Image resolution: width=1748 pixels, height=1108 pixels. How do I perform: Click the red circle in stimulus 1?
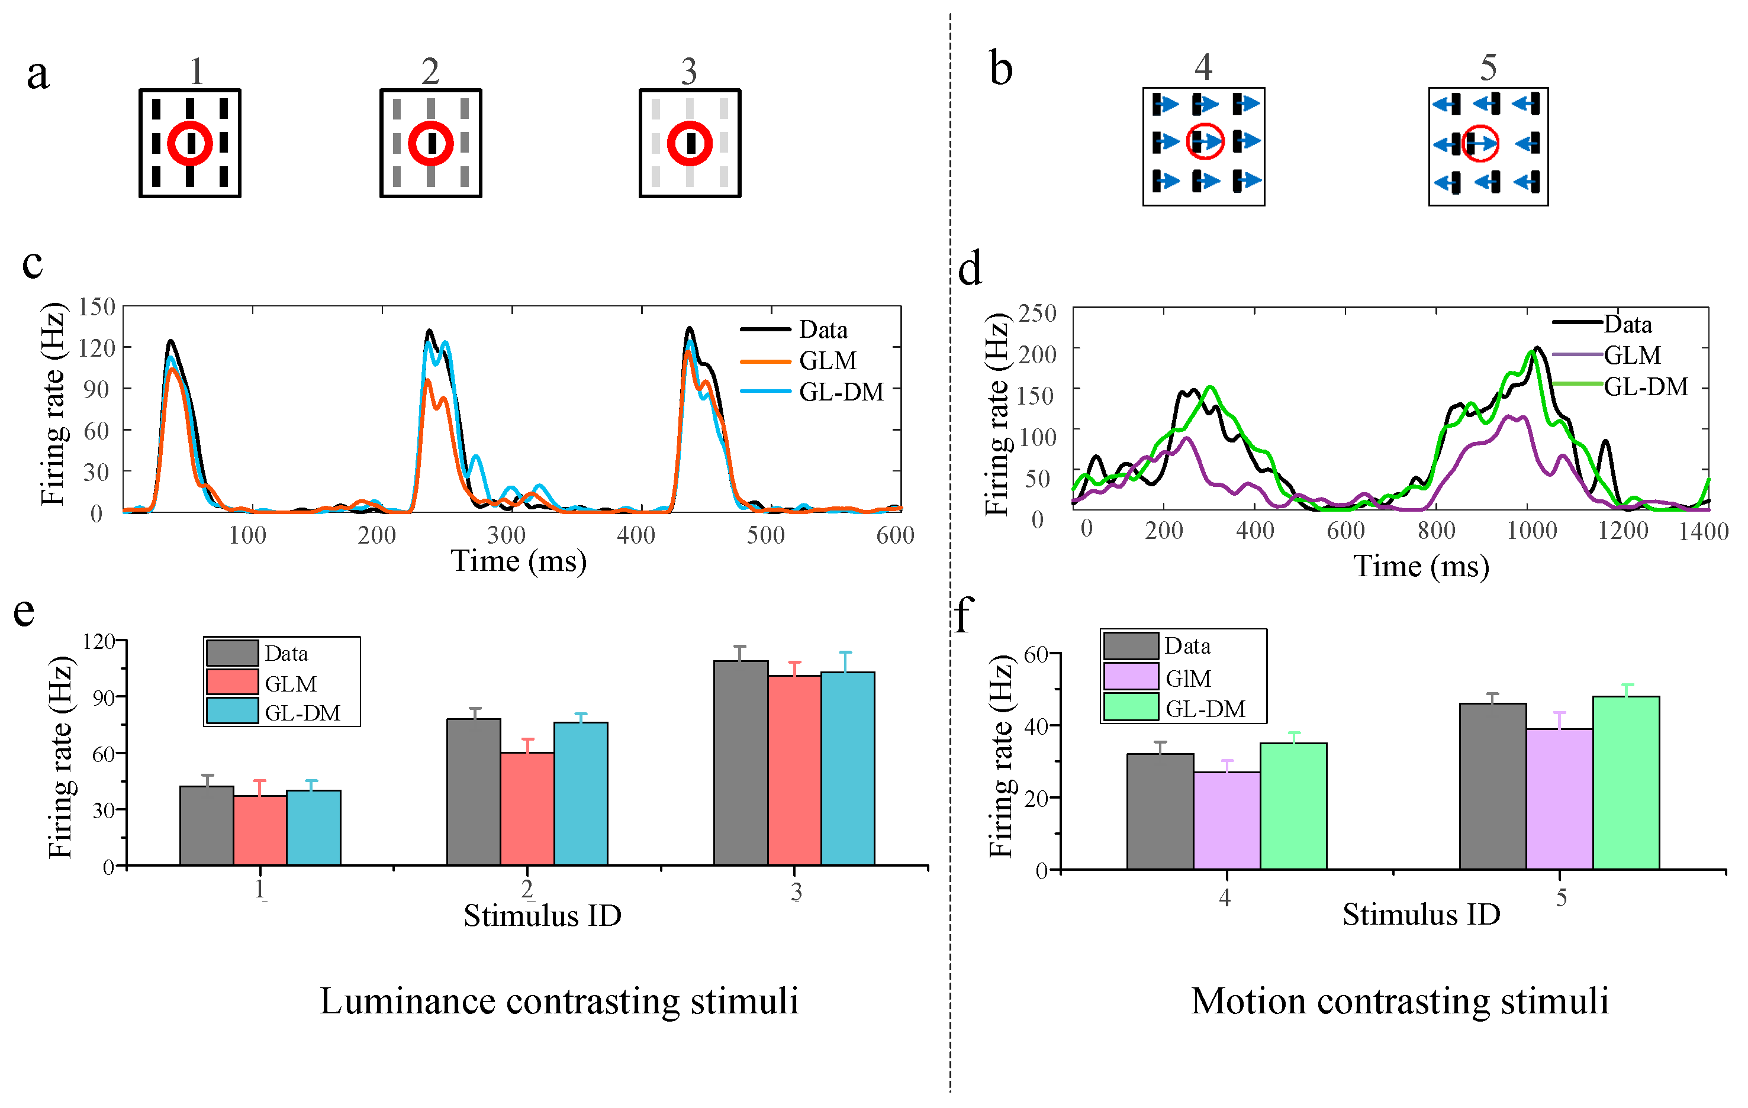point(189,143)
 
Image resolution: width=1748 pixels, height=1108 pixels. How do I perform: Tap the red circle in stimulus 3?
point(689,143)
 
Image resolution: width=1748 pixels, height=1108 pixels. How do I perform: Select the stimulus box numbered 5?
point(1488,146)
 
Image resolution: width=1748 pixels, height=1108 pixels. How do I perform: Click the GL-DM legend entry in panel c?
point(841,392)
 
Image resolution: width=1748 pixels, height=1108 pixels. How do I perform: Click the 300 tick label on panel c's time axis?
point(506,535)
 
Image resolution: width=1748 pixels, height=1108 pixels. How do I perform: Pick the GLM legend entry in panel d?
point(1632,356)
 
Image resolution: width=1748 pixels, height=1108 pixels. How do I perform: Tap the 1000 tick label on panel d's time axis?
point(1532,531)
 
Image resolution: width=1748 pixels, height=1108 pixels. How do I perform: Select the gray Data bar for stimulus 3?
point(741,762)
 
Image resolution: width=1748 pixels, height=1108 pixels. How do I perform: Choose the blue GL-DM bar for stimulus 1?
point(314,827)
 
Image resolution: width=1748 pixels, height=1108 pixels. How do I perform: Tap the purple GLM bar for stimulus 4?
point(1227,820)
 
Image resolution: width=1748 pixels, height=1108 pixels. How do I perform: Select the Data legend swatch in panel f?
point(1130,646)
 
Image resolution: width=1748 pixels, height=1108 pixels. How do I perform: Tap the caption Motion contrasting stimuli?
point(1399,1002)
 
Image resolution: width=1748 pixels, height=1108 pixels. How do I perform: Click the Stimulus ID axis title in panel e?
point(542,916)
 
